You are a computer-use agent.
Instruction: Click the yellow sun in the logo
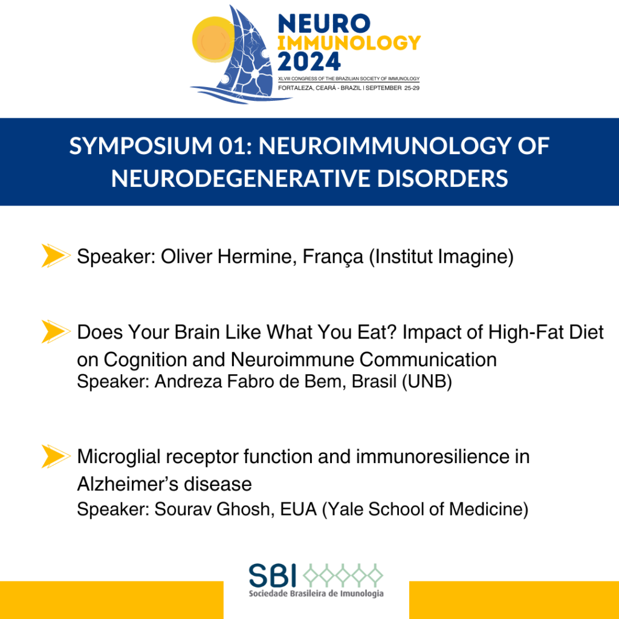(214, 39)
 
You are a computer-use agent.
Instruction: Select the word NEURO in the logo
(324, 24)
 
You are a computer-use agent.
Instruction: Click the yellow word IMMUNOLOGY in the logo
(349, 43)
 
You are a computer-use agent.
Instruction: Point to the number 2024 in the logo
(309, 61)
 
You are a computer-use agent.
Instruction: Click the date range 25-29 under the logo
(412, 88)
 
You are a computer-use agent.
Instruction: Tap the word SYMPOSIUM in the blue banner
(141, 146)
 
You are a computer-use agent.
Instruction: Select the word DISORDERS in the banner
(442, 178)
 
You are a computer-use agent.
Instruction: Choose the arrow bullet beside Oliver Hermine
(56, 256)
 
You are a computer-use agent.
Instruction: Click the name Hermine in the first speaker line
(257, 256)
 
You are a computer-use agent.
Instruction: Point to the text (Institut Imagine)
(441, 257)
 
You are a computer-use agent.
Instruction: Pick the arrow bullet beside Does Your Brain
(56, 331)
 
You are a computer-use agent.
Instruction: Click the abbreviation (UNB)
(427, 381)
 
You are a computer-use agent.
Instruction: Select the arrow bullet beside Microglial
(56, 456)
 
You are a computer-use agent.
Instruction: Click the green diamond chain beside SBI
(343, 574)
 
